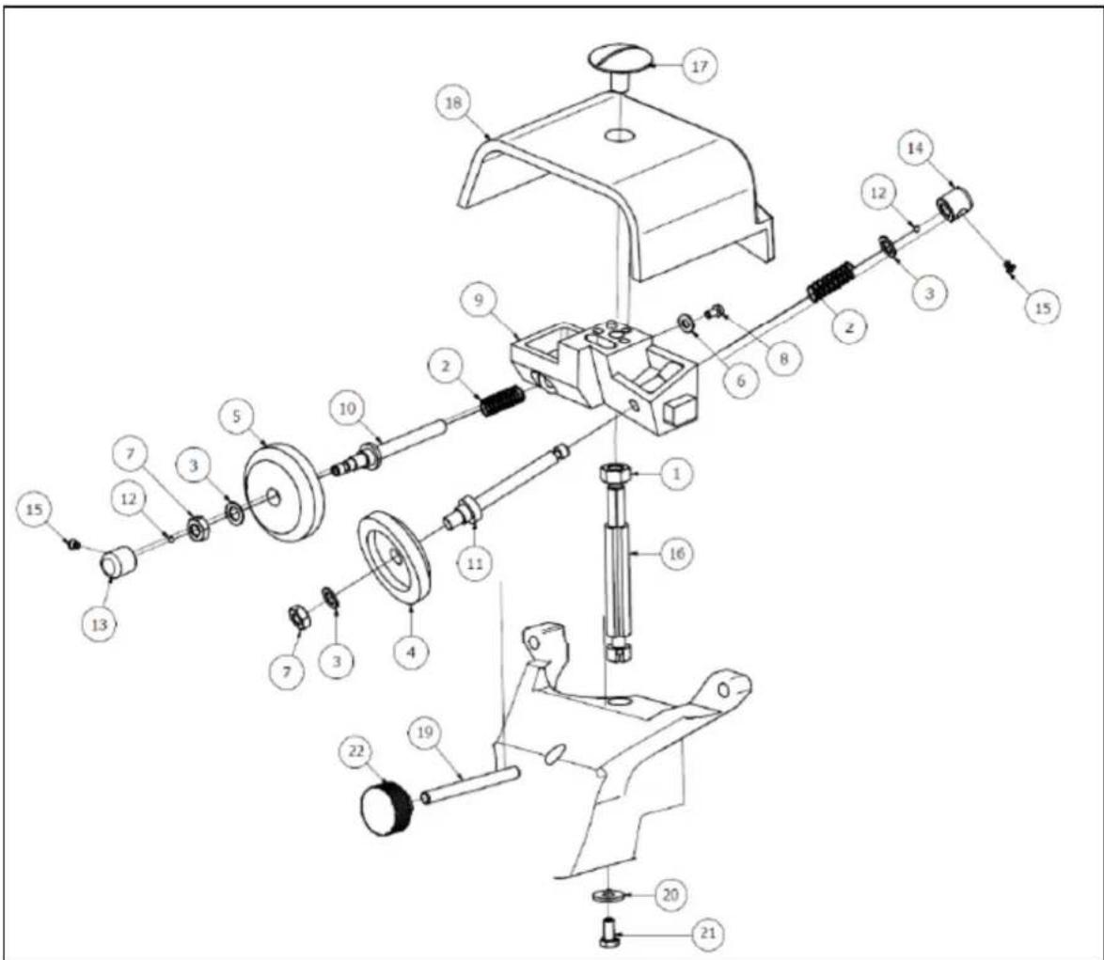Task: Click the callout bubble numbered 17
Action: pyautogui.click(x=699, y=66)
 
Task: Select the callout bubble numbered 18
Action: pyautogui.click(x=453, y=103)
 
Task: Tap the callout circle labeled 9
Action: pyautogui.click(x=479, y=301)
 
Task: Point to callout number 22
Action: pyautogui.click(x=357, y=751)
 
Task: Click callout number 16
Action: pyautogui.click(x=676, y=554)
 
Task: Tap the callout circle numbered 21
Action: pyautogui.click(x=707, y=934)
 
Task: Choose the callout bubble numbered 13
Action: pyautogui.click(x=100, y=624)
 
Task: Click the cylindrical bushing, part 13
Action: pyautogui.click(x=118, y=561)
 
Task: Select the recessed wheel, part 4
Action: pyautogui.click(x=394, y=559)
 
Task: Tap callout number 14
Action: pyautogui.click(x=915, y=149)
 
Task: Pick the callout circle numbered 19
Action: pyautogui.click(x=424, y=733)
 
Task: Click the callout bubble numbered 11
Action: pyautogui.click(x=475, y=563)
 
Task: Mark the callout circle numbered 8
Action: pyautogui.click(x=783, y=358)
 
